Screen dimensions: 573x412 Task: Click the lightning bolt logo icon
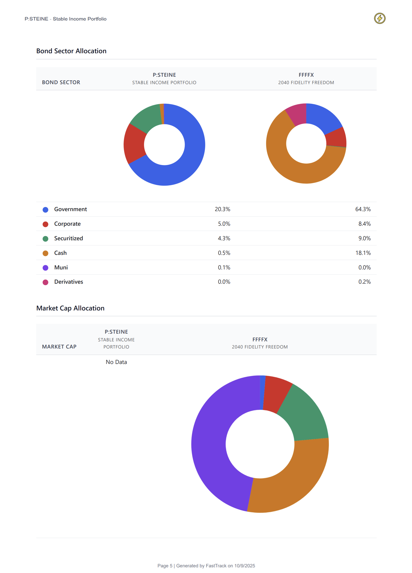[x=380, y=18]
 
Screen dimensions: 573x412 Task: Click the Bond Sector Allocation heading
[x=71, y=51]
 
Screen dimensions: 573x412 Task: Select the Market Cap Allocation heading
[x=70, y=308]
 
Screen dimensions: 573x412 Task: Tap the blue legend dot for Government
[x=45, y=210]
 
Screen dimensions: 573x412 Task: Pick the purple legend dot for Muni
[x=45, y=268]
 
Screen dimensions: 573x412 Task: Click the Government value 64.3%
[x=363, y=209]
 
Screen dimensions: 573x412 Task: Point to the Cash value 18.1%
[x=363, y=253]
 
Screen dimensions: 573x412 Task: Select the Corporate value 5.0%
[x=224, y=224]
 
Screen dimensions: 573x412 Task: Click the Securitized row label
[x=69, y=238]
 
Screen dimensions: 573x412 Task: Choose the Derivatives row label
[x=69, y=282]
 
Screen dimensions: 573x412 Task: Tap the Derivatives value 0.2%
[x=364, y=282]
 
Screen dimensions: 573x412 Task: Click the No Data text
[x=116, y=362]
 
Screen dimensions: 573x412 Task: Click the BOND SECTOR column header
[x=61, y=82]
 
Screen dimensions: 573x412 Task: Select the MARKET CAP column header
[x=59, y=347]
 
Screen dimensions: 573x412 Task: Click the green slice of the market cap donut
[x=306, y=413]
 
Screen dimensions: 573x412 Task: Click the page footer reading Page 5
[x=206, y=566]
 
